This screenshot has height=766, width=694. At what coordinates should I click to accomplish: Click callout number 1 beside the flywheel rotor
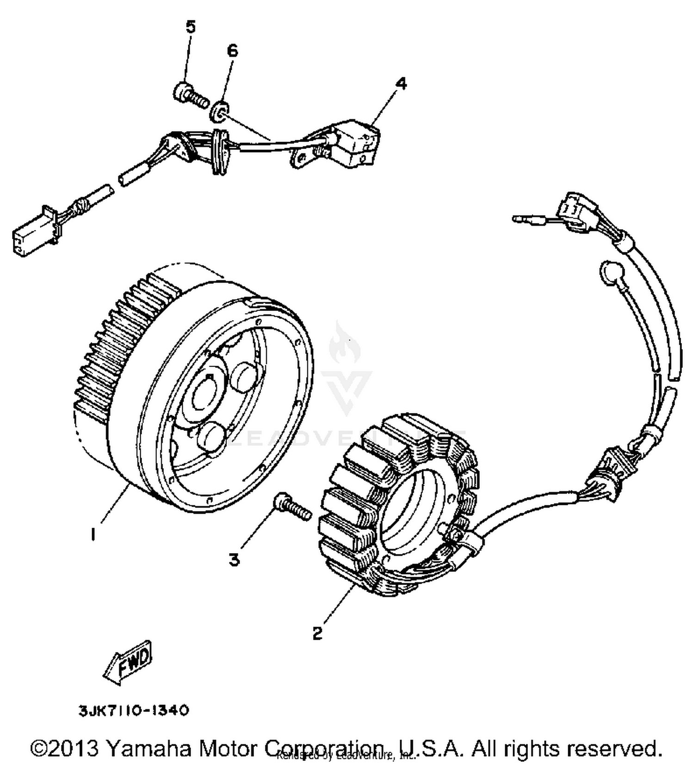coord(93,535)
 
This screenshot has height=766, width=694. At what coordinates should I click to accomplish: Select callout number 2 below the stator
coord(317,633)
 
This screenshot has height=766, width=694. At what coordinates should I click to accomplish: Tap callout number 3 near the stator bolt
coord(235,560)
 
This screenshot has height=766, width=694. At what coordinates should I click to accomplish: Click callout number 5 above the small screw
coord(191,27)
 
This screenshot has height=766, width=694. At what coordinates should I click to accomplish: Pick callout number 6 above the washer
coord(232,50)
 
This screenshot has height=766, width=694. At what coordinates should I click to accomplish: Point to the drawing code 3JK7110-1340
coord(134,710)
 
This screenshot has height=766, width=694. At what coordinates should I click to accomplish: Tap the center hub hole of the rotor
coord(206,396)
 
